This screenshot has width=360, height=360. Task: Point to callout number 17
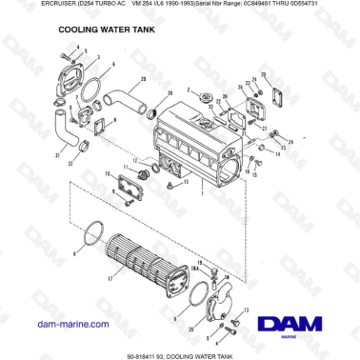point(110,280)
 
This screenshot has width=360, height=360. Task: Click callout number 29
point(143,76)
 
